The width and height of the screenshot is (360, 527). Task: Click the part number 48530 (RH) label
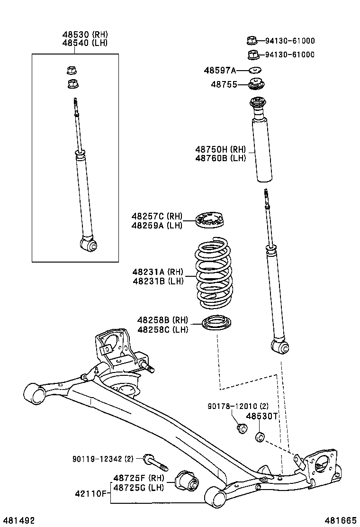tap(85, 34)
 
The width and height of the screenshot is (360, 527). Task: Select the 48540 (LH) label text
tap(85, 43)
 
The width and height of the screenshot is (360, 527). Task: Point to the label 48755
tap(224, 84)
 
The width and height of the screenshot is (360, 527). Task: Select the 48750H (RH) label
tap(220, 149)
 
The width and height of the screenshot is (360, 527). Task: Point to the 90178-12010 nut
tap(242, 428)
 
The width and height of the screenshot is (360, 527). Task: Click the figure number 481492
tap(18, 520)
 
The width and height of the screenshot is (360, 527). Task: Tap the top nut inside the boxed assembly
tap(72, 71)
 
